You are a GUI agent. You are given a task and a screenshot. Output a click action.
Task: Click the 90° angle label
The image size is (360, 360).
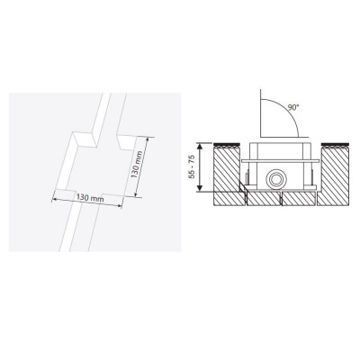coord(294,108)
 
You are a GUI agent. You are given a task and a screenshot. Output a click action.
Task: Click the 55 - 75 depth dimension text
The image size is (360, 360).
coord(192,167)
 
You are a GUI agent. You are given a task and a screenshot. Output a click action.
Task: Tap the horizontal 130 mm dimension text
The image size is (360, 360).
coord(88,198)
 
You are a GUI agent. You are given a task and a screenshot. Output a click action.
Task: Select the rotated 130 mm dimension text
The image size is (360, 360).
coord(137,165)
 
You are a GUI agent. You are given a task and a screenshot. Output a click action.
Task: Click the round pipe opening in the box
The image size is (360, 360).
coord(274,180)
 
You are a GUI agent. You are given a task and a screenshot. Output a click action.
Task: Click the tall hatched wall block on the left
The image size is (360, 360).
coord(227,168)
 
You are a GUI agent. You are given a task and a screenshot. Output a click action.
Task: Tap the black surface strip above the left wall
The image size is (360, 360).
coord(227,144)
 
